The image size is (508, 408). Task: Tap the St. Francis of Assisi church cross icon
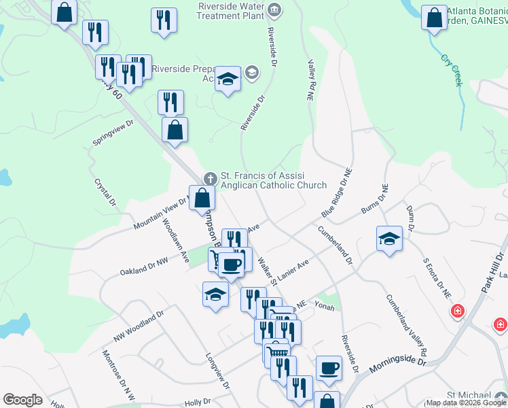pyautogui.click(x=211, y=178)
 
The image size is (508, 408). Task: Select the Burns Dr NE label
pyautogui.click(x=374, y=199)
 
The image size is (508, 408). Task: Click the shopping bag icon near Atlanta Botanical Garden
pyautogui.click(x=434, y=18)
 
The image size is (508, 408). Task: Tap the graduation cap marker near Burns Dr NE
pyautogui.click(x=389, y=239)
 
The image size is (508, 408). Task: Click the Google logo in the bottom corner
pyautogui.click(x=22, y=400)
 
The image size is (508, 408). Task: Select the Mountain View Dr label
pyautogui.click(x=160, y=214)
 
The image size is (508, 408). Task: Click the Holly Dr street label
pyautogui.click(x=198, y=402)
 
